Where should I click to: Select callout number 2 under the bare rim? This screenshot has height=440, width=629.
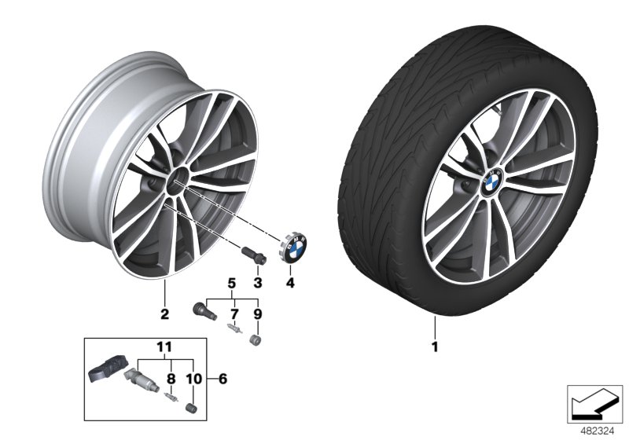(x=164, y=316)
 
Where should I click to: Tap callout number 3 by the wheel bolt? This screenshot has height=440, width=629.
(x=256, y=282)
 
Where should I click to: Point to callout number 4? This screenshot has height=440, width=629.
(x=289, y=282)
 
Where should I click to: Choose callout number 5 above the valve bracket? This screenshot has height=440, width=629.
(x=232, y=282)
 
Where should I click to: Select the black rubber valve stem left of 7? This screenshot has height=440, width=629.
(x=203, y=309)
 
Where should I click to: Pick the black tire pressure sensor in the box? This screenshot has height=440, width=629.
(x=106, y=368)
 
